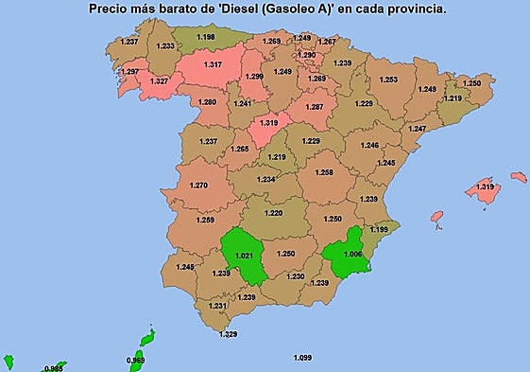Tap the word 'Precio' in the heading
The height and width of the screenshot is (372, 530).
click(111, 9)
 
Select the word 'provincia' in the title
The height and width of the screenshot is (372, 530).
click(415, 9)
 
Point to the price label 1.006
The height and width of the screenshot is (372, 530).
click(353, 254)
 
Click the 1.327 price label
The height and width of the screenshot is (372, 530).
click(159, 81)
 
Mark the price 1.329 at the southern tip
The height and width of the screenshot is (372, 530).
click(228, 334)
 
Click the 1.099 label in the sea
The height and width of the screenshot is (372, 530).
click(303, 357)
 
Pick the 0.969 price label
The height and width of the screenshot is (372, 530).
click(137, 360)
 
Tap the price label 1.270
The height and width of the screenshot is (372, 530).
click(198, 186)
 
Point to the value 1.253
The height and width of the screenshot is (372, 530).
click(388, 80)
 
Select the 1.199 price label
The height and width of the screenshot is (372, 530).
click(379, 229)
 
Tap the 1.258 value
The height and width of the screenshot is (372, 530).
click(324, 172)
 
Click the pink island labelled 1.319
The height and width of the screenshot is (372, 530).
click(485, 187)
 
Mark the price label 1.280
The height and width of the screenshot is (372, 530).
click(207, 101)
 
